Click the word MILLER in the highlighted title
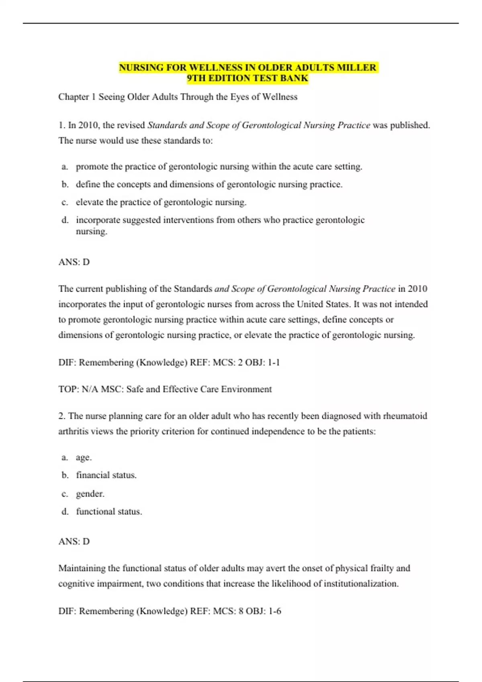tap(356, 67)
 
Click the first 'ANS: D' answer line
tap(74, 262)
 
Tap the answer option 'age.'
tap(84, 457)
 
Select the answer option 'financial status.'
tap(106, 475)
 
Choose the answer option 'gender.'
tap(90, 494)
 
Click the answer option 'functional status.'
tap(109, 511)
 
